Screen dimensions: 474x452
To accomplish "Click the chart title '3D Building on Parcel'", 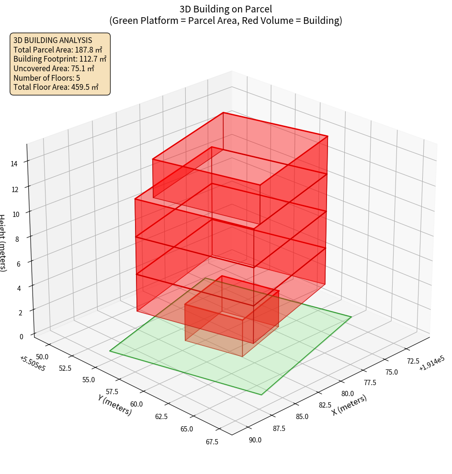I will click(x=226, y=9).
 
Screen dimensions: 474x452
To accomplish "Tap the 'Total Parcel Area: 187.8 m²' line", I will click(x=58, y=50).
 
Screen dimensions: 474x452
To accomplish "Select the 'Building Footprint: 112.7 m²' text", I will click(x=60, y=59).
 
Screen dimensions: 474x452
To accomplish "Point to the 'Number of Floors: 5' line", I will click(x=47, y=78).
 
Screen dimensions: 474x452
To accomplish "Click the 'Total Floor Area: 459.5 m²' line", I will click(x=56, y=87).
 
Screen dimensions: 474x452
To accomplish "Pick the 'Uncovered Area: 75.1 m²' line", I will click(x=54, y=69).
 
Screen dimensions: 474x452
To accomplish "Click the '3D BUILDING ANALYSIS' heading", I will click(x=53, y=40).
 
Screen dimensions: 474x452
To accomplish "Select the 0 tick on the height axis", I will click(x=21, y=336).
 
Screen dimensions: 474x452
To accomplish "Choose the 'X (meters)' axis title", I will click(x=349, y=405).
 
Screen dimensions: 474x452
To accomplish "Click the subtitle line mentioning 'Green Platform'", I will click(x=226, y=21).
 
